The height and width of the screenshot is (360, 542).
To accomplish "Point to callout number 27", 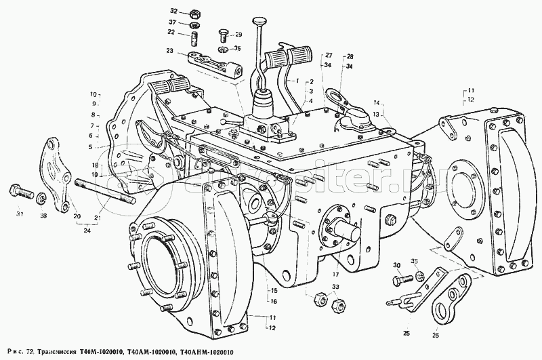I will click(x=328, y=55).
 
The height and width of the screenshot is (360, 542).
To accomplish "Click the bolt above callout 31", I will click(x=18, y=190).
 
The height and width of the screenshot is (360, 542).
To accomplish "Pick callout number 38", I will click(x=44, y=215).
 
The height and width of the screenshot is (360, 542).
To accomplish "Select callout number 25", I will click(x=404, y=332).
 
